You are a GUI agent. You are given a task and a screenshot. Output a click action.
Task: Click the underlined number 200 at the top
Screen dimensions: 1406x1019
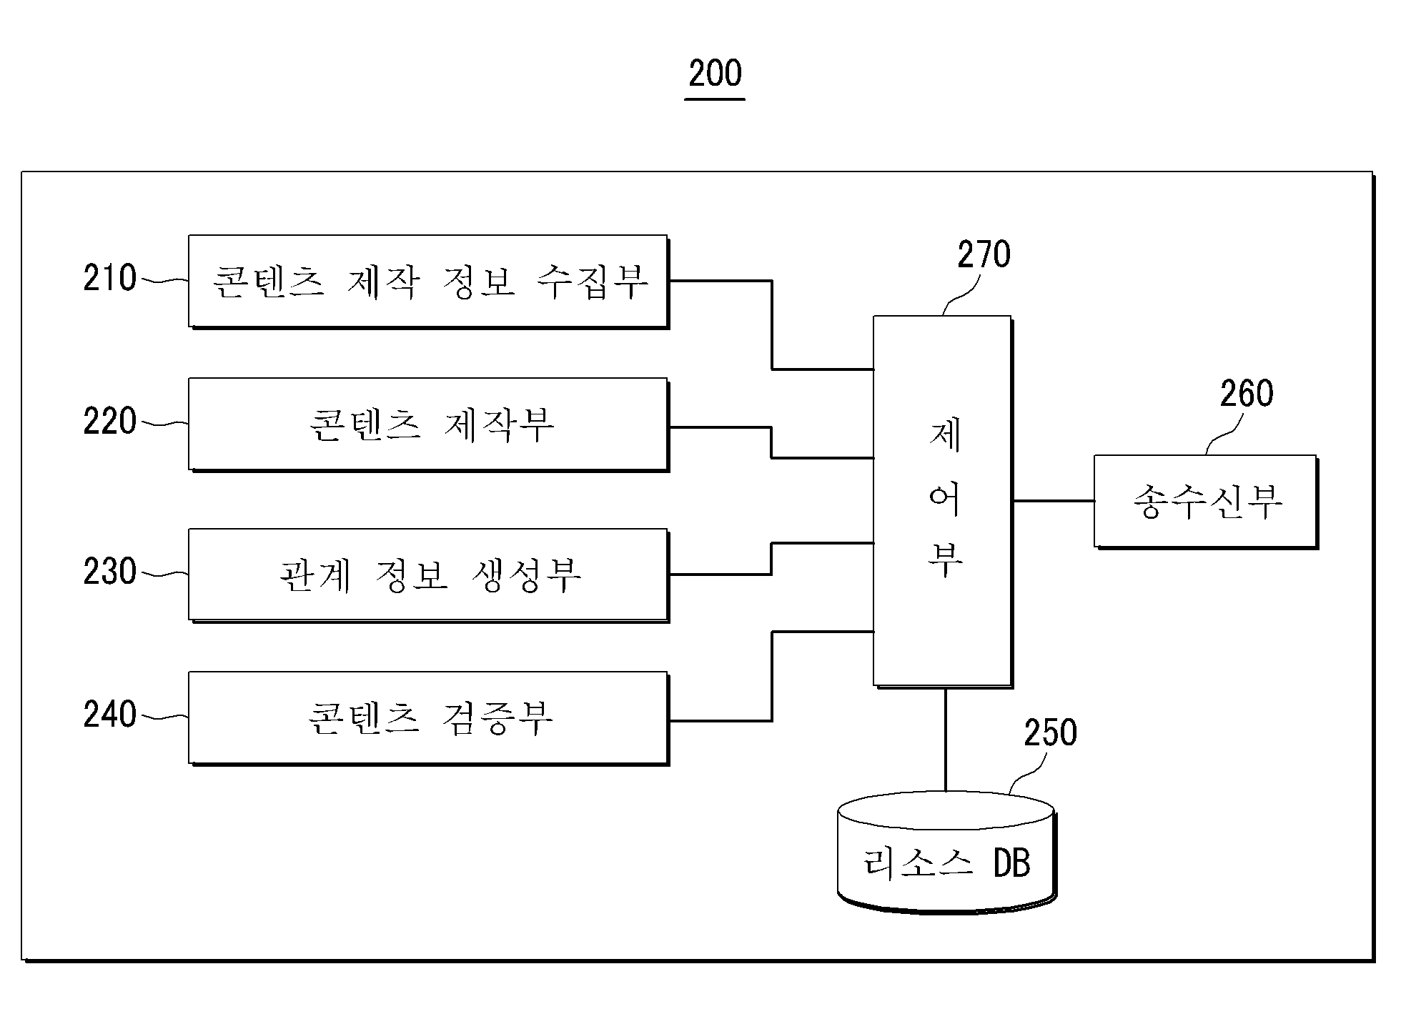point(716,74)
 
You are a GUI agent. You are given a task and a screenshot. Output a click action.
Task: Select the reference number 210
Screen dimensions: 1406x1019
point(109,278)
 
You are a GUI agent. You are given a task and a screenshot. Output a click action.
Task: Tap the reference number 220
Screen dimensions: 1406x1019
point(109,421)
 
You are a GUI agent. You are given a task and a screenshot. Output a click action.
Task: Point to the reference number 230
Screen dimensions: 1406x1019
point(109,571)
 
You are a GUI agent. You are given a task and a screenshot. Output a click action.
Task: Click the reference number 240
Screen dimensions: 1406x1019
point(109,714)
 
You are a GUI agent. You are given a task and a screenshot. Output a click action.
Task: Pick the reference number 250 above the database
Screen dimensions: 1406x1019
point(1050,732)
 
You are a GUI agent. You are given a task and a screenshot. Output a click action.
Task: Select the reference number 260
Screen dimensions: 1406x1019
point(1247,394)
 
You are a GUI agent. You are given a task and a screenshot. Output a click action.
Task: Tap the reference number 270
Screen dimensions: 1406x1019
point(984,254)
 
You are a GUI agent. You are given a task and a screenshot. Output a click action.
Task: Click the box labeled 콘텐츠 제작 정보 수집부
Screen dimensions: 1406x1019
point(429,282)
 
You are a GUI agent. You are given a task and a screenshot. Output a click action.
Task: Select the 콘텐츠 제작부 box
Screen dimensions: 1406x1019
point(429,424)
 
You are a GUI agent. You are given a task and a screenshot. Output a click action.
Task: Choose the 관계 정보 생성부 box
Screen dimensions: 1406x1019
point(429,575)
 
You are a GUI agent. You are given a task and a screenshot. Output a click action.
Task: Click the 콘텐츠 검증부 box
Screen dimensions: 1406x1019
point(429,718)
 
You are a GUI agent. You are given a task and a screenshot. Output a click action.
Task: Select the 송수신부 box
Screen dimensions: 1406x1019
point(1206,502)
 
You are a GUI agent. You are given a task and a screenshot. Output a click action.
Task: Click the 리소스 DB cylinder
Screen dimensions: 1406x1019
point(946,852)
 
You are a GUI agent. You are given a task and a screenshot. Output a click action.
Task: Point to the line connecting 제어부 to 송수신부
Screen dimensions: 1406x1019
point(1054,501)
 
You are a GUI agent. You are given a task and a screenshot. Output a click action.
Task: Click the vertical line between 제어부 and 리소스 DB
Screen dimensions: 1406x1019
point(946,740)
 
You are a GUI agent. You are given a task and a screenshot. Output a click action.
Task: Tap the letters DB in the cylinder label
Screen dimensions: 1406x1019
point(1011,863)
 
